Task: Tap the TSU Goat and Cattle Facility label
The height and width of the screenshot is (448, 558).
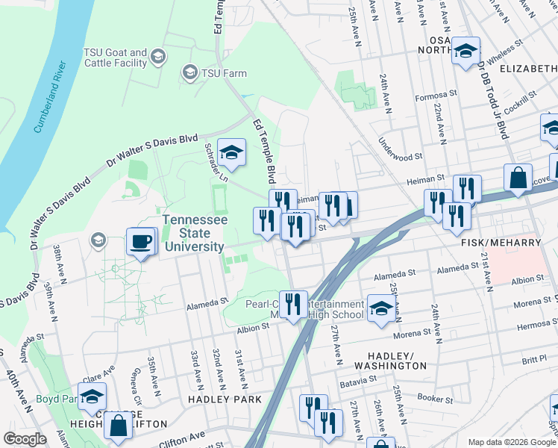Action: pos(115,57)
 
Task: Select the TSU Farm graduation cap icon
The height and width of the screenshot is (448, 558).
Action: pos(189,72)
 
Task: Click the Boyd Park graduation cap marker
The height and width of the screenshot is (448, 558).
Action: pos(93,396)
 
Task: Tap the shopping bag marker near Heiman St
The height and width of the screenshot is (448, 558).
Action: pos(517,178)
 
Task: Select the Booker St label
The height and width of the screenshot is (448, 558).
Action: pos(436,397)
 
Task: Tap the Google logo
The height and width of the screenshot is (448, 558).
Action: pos(25,439)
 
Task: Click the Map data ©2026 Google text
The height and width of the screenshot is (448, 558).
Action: pos(511,442)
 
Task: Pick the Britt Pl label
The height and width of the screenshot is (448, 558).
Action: pos(534,359)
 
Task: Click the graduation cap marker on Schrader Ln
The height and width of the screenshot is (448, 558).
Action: pos(231,152)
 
